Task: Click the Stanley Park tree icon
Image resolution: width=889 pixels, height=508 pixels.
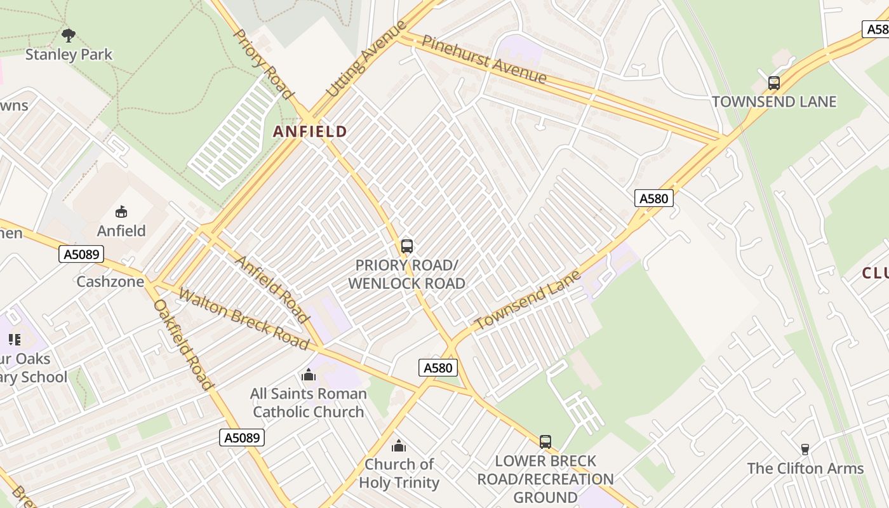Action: (69, 35)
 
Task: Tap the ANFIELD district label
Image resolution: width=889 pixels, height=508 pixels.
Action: (310, 131)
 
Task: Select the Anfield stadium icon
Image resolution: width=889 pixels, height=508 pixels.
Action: (121, 211)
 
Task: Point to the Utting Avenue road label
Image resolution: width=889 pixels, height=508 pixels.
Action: (365, 59)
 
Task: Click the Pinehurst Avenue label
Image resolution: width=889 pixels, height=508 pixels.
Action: (484, 60)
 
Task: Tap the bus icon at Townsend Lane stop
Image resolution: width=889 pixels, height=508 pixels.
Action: (773, 83)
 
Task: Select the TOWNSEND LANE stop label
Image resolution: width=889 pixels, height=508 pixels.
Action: (773, 102)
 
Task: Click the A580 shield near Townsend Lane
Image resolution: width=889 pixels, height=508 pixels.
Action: (653, 199)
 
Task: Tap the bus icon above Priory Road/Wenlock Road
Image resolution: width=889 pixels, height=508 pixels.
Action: (407, 246)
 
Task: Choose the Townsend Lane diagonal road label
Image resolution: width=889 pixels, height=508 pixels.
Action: (528, 300)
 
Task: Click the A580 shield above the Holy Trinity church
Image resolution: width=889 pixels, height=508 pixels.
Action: (438, 368)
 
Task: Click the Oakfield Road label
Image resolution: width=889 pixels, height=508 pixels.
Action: (182, 344)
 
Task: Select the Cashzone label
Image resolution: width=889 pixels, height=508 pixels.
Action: (110, 281)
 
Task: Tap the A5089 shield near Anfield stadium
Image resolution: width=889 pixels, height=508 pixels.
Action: (81, 255)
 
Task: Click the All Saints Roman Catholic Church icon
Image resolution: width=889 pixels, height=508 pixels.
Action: (309, 375)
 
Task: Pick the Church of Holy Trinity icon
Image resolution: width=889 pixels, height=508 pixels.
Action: (398, 446)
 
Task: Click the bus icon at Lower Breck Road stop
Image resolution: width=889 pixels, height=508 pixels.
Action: (545, 441)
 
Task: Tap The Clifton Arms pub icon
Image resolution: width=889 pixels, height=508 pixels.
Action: (805, 450)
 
